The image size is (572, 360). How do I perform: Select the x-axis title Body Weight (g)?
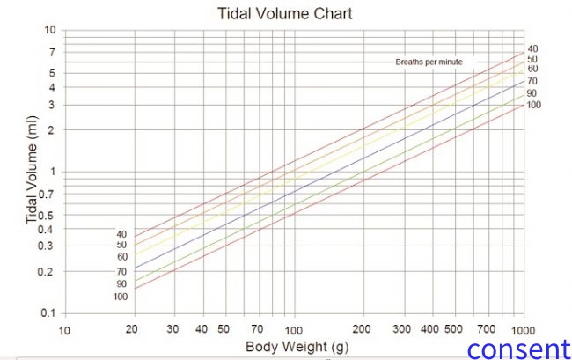pyautogui.click(x=293, y=347)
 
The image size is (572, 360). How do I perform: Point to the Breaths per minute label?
pyautogui.click(x=429, y=62)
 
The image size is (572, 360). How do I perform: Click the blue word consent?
pyautogui.click(x=518, y=348)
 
